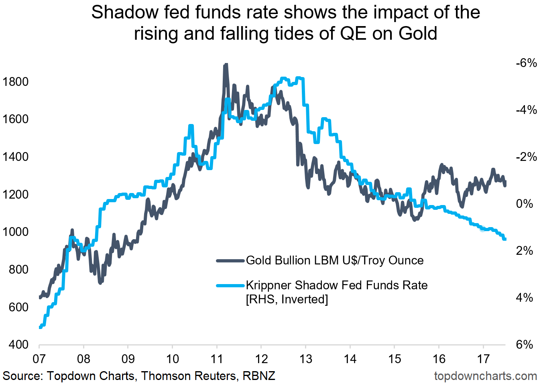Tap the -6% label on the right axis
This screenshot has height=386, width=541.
pos(526,63)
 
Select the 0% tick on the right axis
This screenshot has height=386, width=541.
pos(524,204)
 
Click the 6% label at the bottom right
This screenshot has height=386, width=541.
pos(524,345)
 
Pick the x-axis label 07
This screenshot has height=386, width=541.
pos(39,359)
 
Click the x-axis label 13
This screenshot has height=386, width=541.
pos(305,359)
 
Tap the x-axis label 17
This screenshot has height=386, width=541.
pos(483,359)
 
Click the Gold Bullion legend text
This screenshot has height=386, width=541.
pos(334,260)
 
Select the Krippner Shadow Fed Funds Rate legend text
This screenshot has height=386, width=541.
pos(336,285)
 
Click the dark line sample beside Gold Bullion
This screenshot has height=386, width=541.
pos(230,261)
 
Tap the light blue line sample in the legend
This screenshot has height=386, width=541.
pos(230,286)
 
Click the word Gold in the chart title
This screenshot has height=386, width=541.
pos(417,34)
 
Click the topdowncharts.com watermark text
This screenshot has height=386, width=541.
pos(485,376)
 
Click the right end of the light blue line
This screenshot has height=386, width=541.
pos(505,239)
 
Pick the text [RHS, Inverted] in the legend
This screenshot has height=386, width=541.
pos(287,299)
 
